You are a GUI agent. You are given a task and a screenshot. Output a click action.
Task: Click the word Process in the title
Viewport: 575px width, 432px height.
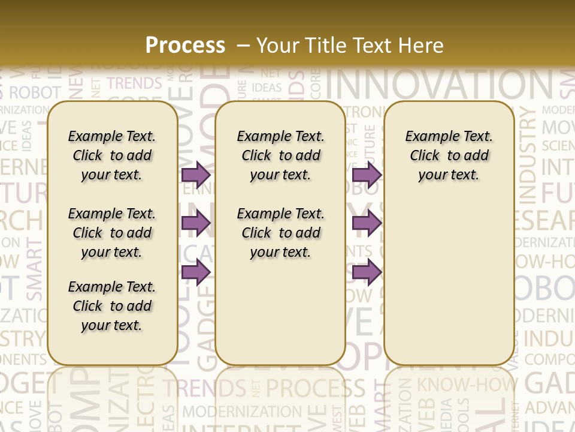tap(185, 45)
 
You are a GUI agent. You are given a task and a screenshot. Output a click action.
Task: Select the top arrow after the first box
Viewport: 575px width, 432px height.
tap(196, 175)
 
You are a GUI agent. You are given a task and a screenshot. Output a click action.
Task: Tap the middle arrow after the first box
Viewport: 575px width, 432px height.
tap(196, 223)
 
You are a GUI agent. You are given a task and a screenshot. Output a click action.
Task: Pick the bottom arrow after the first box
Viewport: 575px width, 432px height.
tap(196, 272)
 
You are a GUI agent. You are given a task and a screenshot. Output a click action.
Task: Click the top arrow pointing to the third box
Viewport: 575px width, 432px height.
tap(367, 175)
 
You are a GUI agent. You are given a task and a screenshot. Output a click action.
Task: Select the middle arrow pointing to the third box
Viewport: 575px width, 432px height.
tap(367, 223)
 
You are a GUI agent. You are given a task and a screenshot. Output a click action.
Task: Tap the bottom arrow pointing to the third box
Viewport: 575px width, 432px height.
tap(367, 272)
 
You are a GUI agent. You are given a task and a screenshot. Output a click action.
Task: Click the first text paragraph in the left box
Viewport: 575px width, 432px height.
tap(112, 155)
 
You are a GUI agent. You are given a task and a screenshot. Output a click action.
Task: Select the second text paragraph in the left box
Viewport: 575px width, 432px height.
tap(112, 233)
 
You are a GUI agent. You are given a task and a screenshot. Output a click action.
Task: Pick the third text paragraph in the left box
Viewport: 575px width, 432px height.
tap(112, 306)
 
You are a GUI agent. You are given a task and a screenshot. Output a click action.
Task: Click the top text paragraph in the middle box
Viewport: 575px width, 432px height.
tap(280, 155)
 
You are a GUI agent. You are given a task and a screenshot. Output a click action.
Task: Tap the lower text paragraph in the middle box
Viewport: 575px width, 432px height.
tap(280, 233)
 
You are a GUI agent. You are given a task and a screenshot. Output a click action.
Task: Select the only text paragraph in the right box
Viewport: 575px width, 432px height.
tap(449, 155)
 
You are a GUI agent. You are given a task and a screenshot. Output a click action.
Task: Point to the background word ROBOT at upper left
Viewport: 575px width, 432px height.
tap(35, 92)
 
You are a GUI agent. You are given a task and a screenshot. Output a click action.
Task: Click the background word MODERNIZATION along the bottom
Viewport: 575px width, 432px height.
tap(242, 412)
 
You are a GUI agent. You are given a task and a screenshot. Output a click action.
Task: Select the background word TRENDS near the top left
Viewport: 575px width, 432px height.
tap(134, 83)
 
